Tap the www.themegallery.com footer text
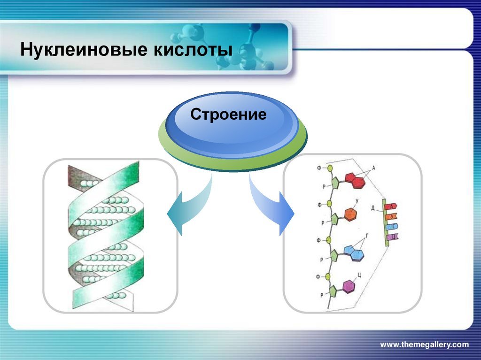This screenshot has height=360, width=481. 424,345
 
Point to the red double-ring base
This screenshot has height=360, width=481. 356,180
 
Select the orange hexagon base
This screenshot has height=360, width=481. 350,214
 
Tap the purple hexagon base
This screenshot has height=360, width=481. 348,286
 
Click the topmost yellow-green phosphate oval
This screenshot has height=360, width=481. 330,168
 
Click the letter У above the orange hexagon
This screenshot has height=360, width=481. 357,200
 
